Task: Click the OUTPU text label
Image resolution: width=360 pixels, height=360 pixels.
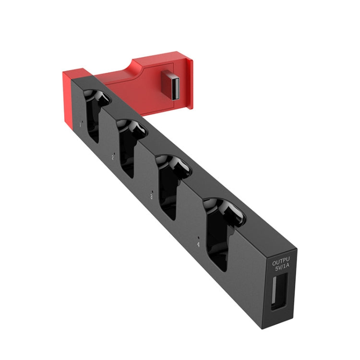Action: coord(282,263)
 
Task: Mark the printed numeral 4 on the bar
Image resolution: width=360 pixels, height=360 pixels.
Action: coord(197,244)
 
